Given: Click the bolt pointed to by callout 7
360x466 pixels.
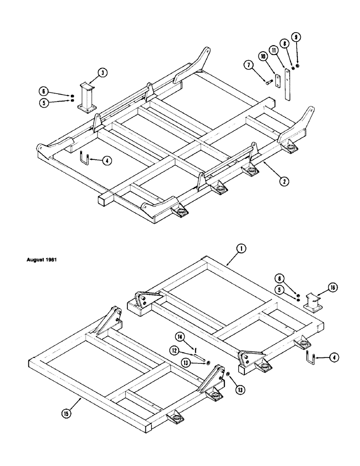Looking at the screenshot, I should point(270,82).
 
